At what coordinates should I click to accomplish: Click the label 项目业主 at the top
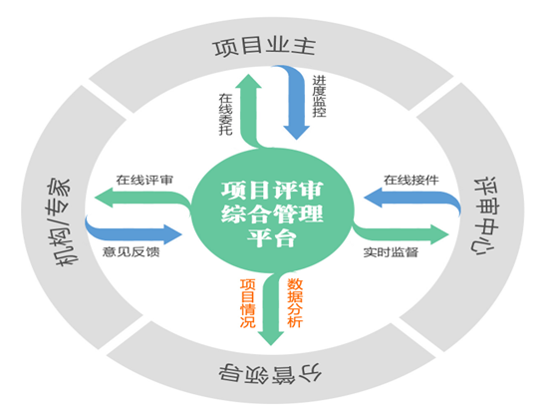[x=271, y=48]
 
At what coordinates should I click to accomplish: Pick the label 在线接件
[x=410, y=181]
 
